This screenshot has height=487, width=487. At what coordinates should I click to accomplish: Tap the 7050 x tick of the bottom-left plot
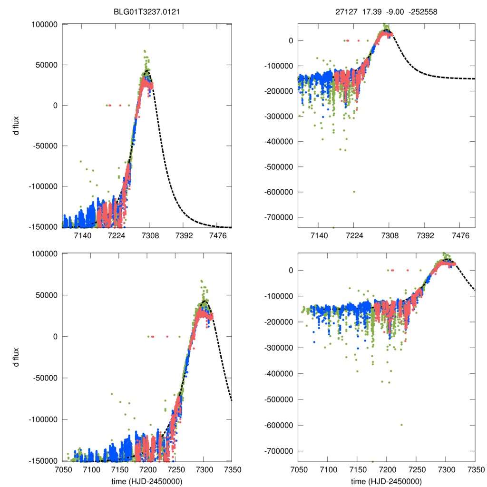click(63, 470)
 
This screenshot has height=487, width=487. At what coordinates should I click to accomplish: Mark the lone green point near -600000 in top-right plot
click(354, 192)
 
